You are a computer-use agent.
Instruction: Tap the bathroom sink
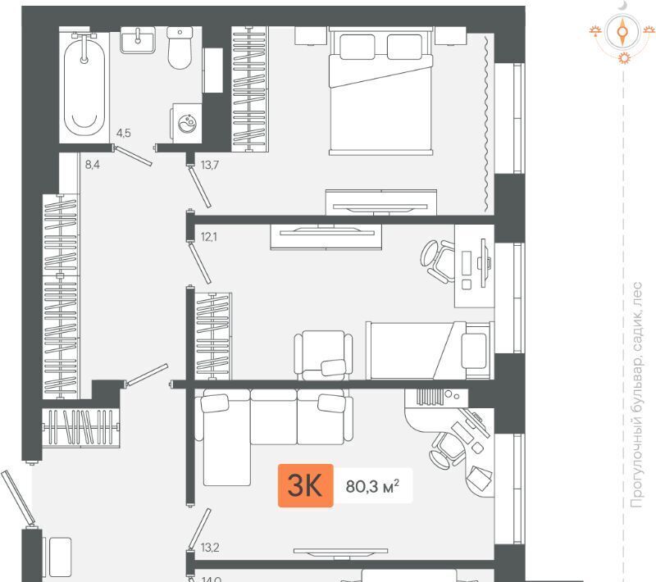coord(138,39)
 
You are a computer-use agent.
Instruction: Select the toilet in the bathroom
coord(180,48)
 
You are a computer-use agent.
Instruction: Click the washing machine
coord(186,123)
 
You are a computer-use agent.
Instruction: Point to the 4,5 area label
coord(124,134)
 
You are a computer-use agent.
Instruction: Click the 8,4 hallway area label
coord(93,165)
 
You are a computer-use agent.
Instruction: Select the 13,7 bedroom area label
coord(210,165)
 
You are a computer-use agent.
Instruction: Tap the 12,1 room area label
coord(209,238)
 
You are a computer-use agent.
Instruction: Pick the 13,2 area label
coord(210,548)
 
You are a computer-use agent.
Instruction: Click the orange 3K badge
coord(306,486)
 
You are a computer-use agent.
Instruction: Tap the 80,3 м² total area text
coord(372,486)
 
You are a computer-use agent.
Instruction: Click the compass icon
coord(622,32)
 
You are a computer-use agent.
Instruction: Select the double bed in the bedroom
coord(380,91)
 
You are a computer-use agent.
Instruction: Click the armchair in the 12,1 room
coord(323,356)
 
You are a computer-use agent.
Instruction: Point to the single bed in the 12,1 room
coord(430,350)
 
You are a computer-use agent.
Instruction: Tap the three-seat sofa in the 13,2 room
coord(274,418)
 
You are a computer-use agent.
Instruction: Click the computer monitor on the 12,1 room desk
coord(484,263)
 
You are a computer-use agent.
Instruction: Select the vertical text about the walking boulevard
coord(637,394)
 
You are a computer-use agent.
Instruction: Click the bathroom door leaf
coord(133,156)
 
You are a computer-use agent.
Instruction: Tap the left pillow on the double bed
coord(357,47)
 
